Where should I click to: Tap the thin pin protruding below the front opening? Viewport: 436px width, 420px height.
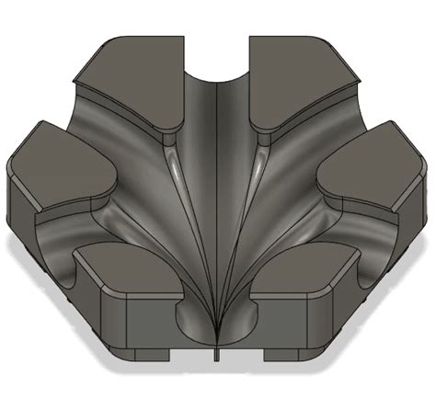(x=217, y=354)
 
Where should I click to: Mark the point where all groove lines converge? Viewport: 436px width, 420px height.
(x=217, y=336)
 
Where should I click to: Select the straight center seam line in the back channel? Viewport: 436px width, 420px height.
(x=217, y=138)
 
